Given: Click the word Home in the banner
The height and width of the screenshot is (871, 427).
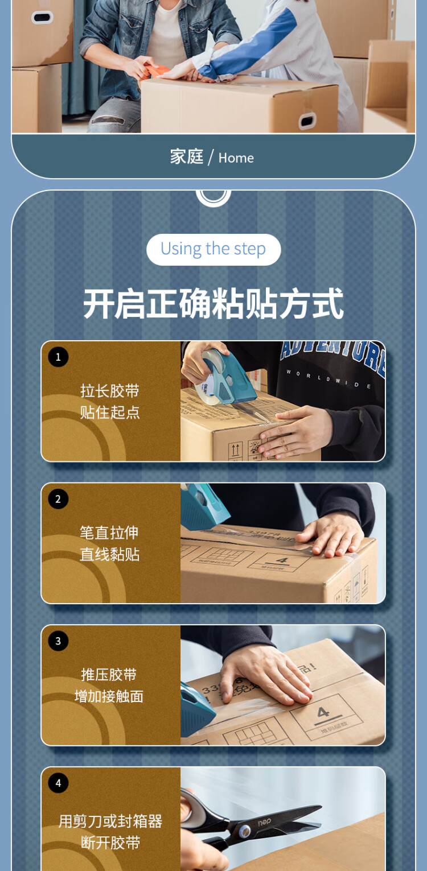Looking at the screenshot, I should click(x=236, y=158).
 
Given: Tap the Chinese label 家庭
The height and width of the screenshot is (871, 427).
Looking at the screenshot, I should click(x=186, y=156).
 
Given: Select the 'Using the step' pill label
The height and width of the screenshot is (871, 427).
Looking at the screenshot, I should click(x=213, y=249).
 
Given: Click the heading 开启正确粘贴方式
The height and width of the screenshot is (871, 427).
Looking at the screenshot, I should click(x=213, y=304).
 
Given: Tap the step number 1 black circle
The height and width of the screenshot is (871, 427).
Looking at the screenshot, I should click(x=58, y=357).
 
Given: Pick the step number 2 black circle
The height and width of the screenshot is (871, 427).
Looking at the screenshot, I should click(x=58, y=499).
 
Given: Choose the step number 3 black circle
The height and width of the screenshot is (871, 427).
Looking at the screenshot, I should click(x=58, y=641).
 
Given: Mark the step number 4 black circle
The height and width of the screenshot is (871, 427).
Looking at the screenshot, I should click(x=58, y=783).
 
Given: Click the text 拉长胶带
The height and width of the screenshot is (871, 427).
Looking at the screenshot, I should click(x=110, y=391).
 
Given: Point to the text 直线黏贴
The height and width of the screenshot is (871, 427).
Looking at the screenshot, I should click(x=110, y=554).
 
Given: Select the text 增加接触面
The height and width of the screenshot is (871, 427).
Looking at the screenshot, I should click(x=109, y=696).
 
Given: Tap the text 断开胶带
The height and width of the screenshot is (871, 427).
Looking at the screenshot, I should click(x=110, y=843).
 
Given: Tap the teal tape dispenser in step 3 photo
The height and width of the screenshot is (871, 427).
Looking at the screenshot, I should click(x=197, y=705).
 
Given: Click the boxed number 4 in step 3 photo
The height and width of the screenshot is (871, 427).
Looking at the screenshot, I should click(x=323, y=712).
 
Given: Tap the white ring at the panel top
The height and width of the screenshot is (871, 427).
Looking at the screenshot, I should click(x=213, y=195).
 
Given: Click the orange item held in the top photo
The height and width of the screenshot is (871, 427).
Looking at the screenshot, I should click(x=158, y=71).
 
